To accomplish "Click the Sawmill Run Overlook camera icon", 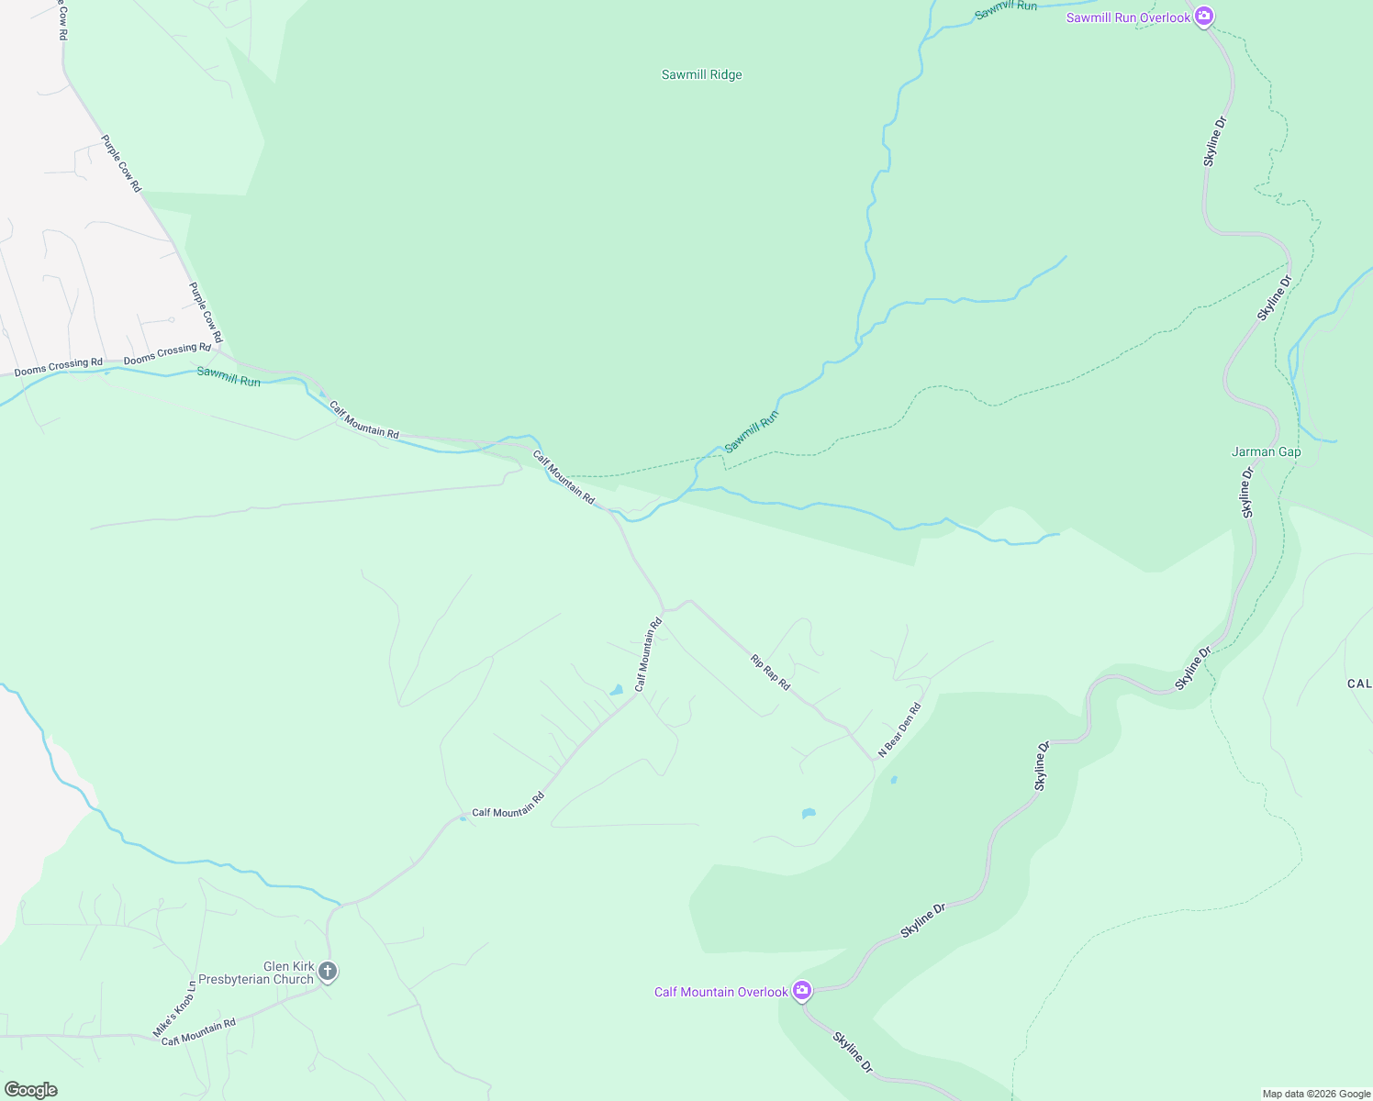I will (1204, 17).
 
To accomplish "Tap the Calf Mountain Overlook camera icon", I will (802, 991).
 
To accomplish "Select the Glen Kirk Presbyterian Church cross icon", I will (328, 972).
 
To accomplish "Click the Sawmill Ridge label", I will (701, 75).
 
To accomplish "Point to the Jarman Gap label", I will (1266, 451).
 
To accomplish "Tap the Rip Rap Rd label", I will (770, 672).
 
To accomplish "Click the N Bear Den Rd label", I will (899, 730).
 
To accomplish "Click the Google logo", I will (30, 1090).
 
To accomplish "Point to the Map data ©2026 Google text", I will (1315, 1094).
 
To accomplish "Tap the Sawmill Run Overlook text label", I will (1127, 17).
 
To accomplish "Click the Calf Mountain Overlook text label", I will (720, 992).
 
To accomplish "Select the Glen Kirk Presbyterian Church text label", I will (256, 973).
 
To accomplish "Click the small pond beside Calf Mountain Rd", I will (617, 690).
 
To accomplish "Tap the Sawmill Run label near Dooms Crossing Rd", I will (229, 376).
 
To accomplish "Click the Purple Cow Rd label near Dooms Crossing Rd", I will (205, 312).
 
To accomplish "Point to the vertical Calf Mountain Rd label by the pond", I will (648, 655).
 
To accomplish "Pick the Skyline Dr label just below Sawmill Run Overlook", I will (1214, 141).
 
